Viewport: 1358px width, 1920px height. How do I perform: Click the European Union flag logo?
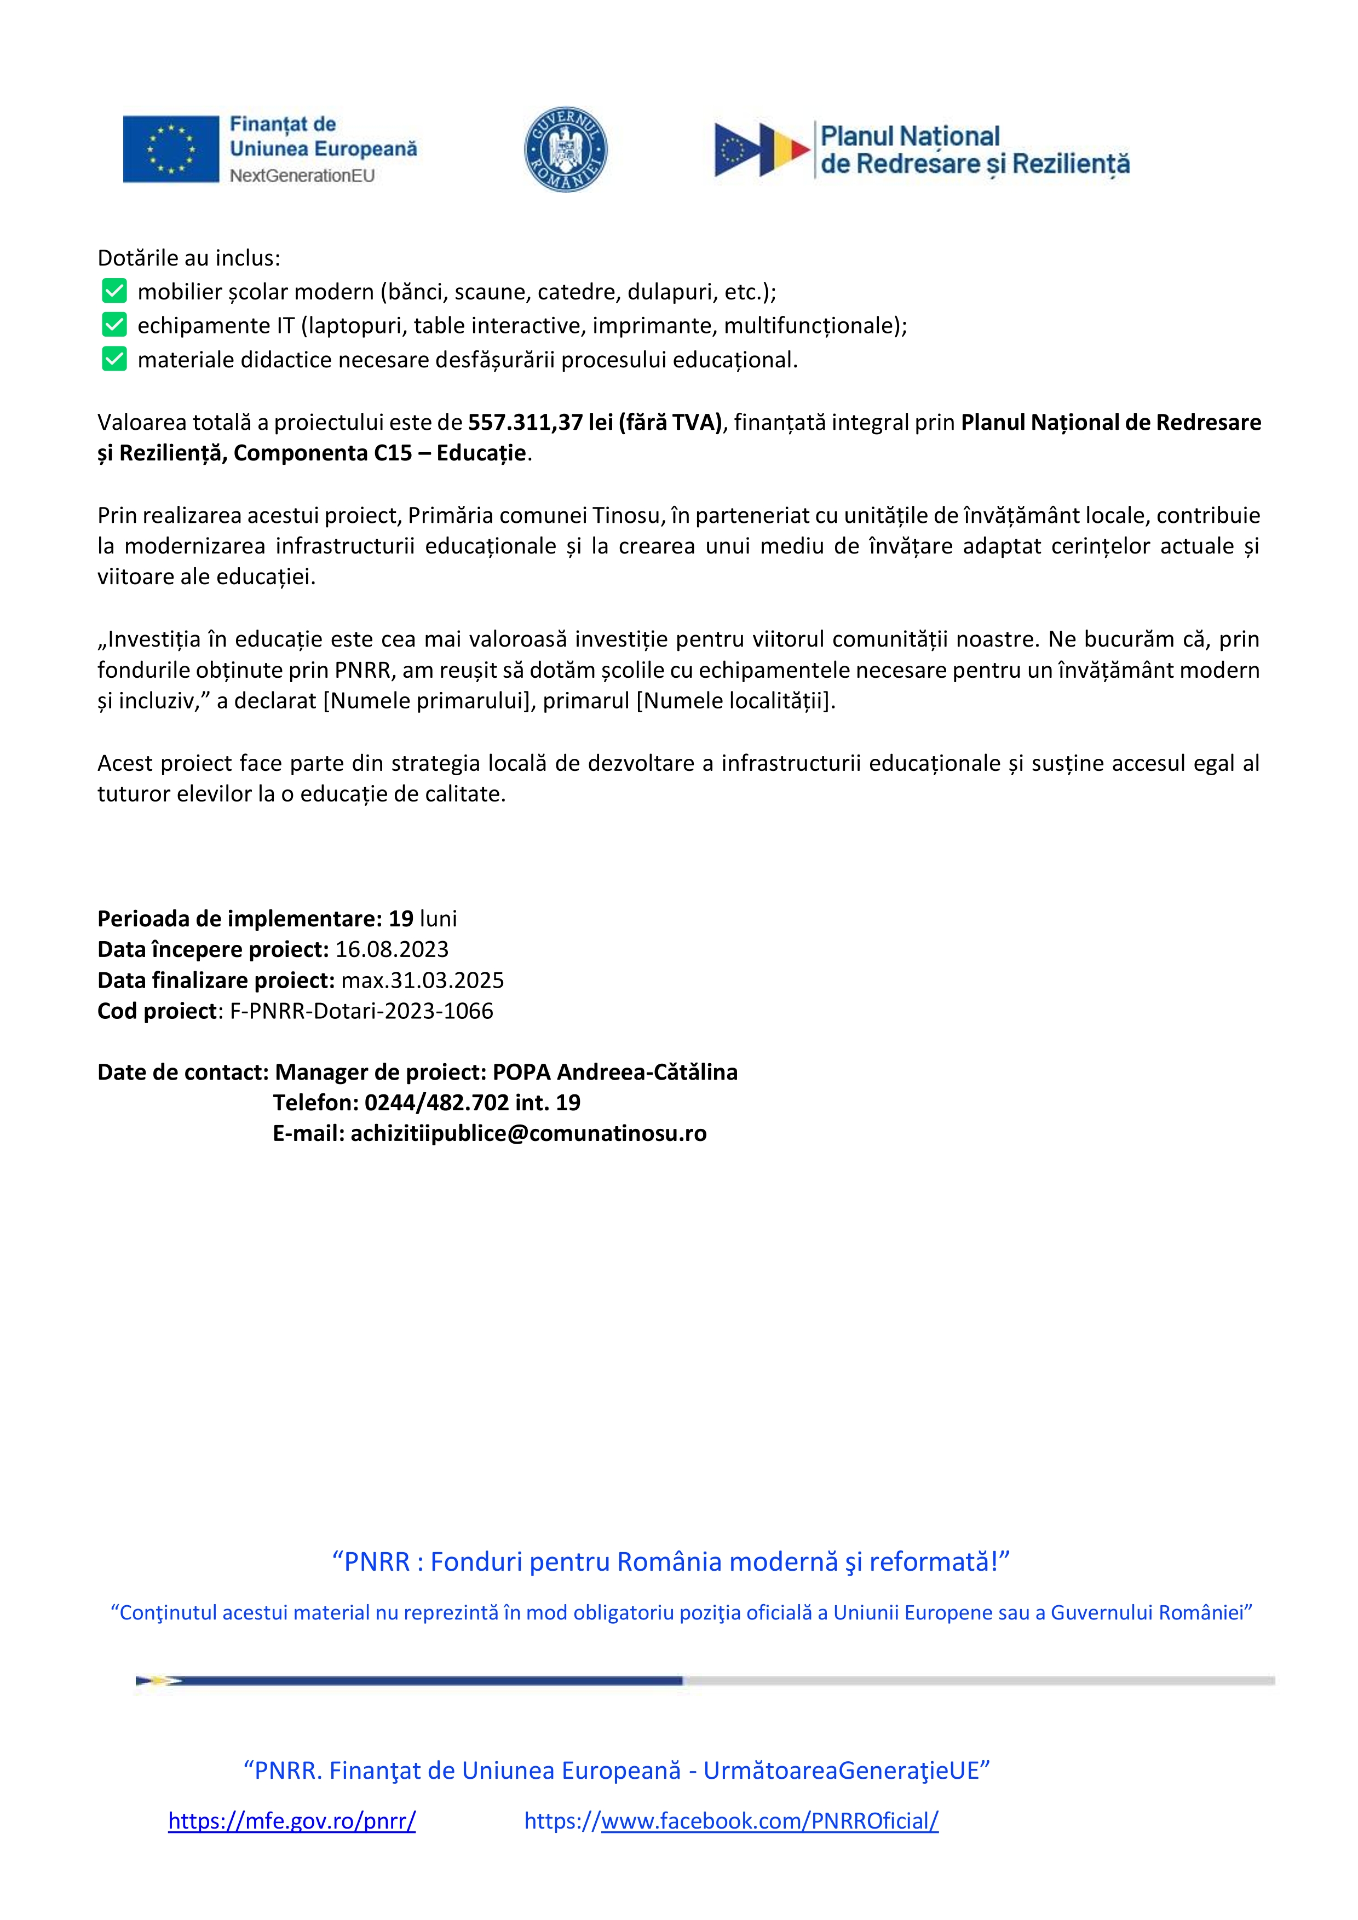171,149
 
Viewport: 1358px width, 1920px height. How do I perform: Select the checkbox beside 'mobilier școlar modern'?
114,291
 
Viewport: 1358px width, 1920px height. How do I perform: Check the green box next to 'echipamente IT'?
114,325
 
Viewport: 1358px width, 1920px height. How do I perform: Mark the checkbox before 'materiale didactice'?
114,360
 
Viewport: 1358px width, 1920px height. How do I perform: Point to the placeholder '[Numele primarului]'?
429,701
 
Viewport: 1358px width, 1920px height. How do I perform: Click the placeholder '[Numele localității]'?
735,701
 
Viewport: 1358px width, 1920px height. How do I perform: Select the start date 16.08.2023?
392,949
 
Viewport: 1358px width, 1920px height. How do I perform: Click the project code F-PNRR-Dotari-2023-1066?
361,1011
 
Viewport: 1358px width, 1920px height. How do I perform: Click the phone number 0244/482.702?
436,1103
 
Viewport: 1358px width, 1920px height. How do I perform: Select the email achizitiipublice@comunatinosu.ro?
528,1134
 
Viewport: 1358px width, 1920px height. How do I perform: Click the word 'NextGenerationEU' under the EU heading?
302,176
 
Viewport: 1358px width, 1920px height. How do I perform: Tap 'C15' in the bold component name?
393,453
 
